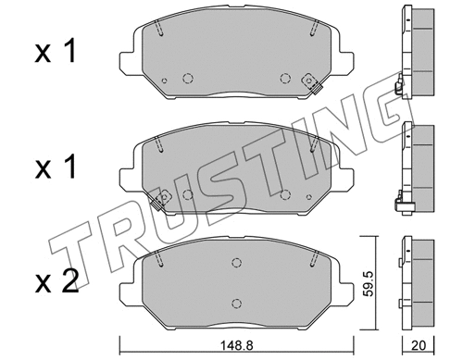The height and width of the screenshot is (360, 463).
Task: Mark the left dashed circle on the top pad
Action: click(188, 79)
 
